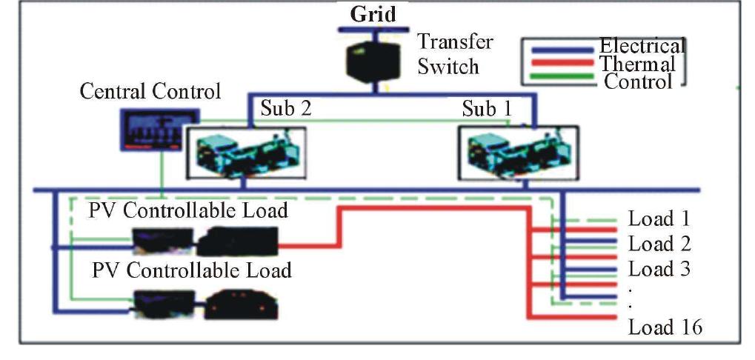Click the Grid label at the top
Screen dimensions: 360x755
click(x=373, y=14)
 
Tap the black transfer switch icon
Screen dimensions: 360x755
click(x=375, y=59)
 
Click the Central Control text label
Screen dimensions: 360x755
click(x=150, y=92)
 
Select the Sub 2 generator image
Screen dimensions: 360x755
click(x=245, y=151)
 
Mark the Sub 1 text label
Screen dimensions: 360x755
click(x=486, y=109)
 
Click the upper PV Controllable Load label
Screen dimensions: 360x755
click(x=190, y=211)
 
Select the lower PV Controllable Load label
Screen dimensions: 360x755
click(x=191, y=270)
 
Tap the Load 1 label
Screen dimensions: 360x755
click(x=659, y=219)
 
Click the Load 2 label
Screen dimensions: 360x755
click(x=659, y=244)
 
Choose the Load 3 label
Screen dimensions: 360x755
click(x=659, y=268)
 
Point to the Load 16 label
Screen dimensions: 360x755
click(x=665, y=327)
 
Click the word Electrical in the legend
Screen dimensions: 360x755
click(x=642, y=45)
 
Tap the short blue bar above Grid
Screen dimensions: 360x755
click(x=375, y=30)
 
